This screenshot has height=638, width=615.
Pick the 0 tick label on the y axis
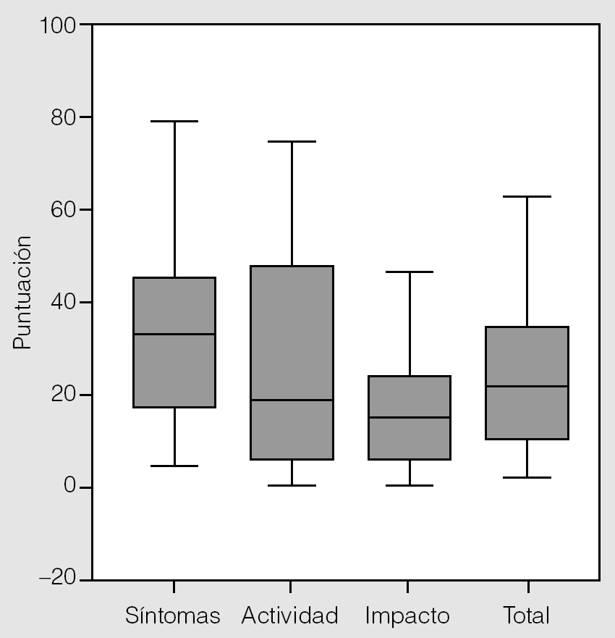[x=69, y=487]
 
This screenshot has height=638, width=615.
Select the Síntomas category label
[x=172, y=616]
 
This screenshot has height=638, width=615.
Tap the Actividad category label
[x=290, y=616]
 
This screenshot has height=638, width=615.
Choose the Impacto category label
[x=407, y=616]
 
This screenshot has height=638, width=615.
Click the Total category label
[x=527, y=616]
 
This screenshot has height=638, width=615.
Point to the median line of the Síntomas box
[x=174, y=334]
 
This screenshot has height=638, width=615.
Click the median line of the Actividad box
[x=292, y=400]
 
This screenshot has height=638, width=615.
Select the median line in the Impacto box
[x=410, y=417]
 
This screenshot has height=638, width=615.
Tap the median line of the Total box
[x=527, y=386]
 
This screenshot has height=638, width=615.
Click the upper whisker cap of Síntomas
[x=174, y=121]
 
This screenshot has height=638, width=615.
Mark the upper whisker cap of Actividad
[x=292, y=141]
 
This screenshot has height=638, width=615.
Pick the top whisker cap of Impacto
[x=410, y=272]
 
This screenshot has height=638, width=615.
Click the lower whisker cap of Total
[x=527, y=477]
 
